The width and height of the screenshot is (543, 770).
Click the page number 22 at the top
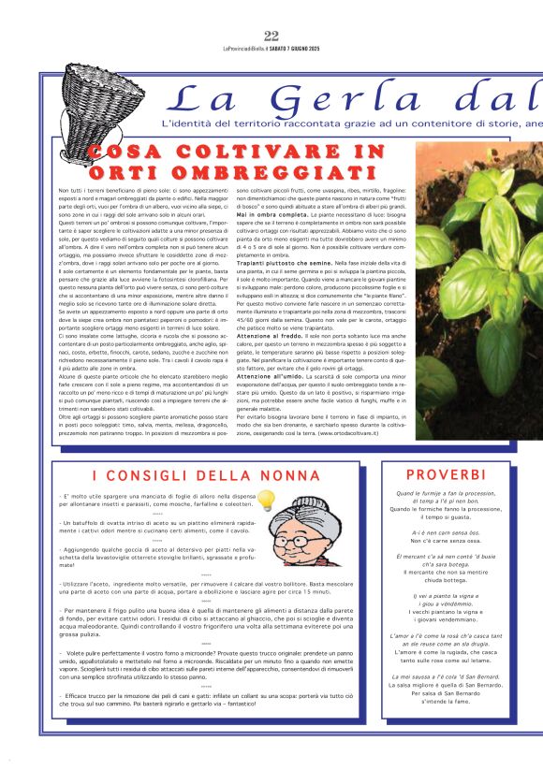[x=271, y=36]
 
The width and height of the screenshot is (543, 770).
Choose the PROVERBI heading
[x=446, y=475]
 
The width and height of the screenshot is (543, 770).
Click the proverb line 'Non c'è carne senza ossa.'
[x=446, y=541]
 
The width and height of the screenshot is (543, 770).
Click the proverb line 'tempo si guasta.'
[x=446, y=516]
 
